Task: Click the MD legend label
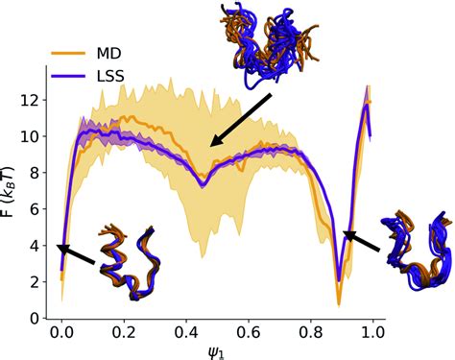point(108,49)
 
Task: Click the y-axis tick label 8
point(33,173)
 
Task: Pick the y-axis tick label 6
point(33,209)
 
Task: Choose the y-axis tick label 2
point(33,282)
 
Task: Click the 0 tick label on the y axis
point(33,318)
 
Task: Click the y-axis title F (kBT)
point(11,193)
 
